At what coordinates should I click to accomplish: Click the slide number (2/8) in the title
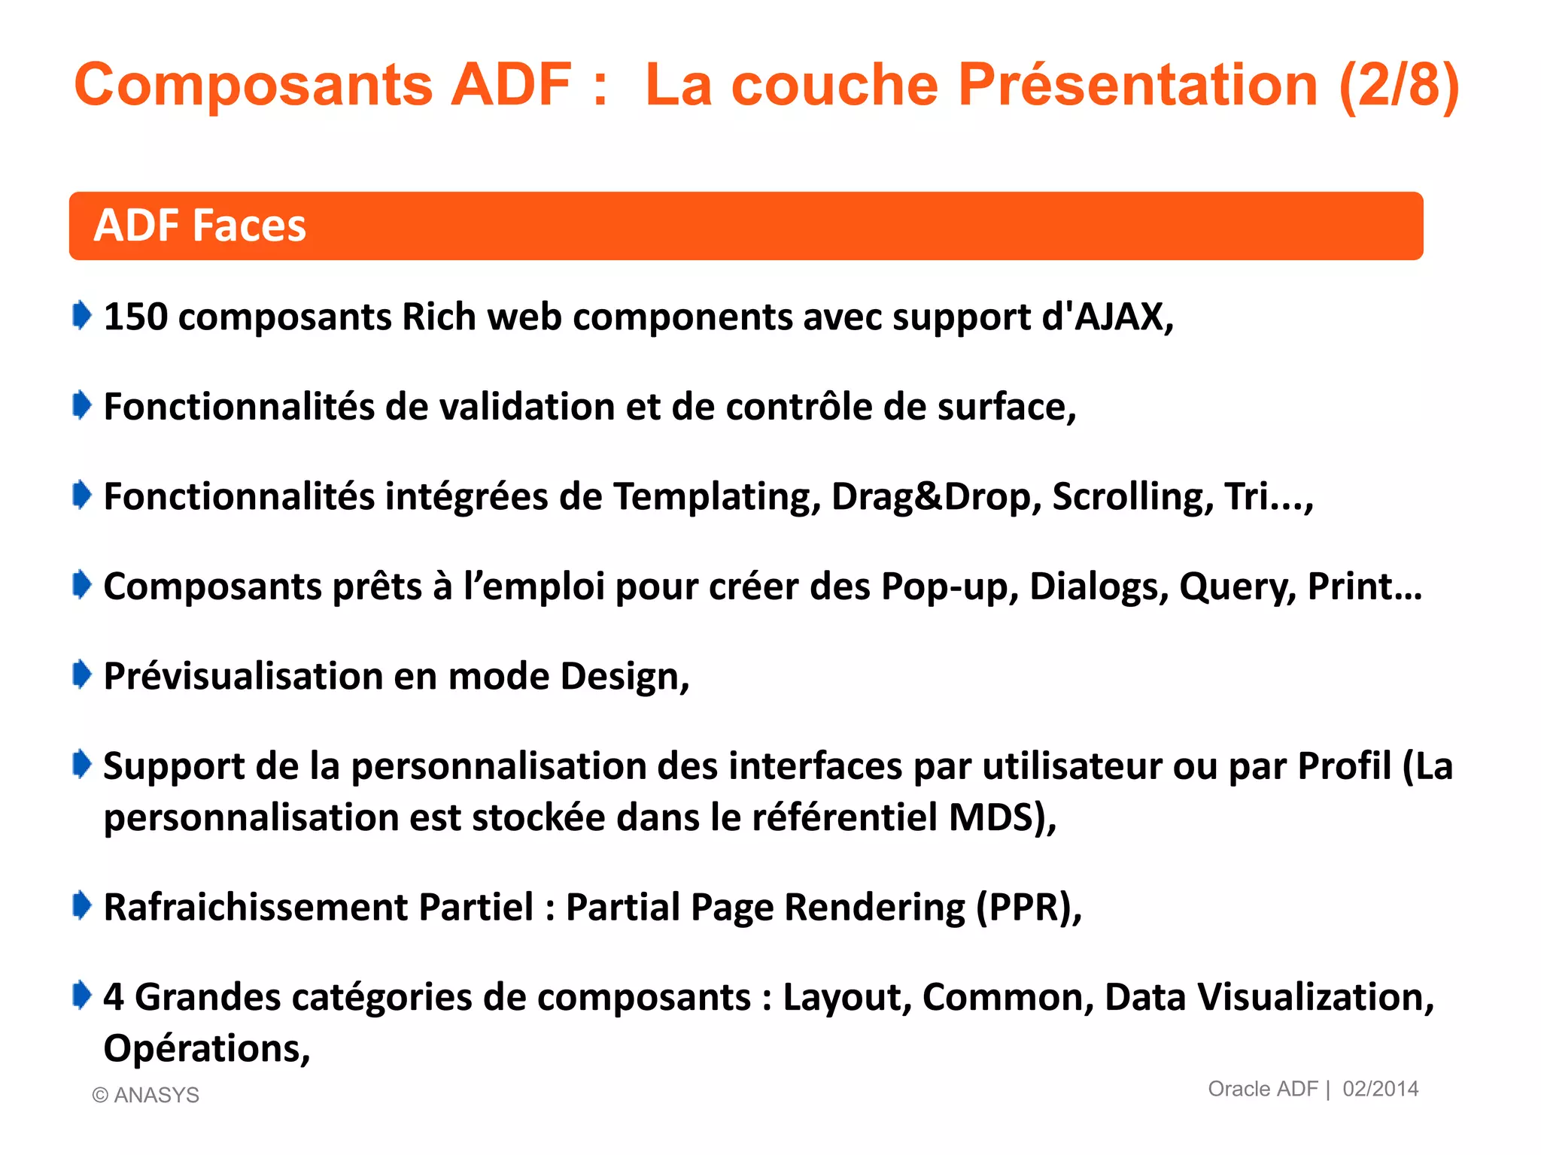tap(1399, 84)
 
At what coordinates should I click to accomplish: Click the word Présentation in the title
tap(1138, 84)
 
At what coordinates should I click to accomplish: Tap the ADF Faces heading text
tap(199, 226)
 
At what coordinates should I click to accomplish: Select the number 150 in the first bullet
tap(135, 317)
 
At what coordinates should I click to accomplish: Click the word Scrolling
tap(1132, 496)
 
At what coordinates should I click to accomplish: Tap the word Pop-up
tap(949, 587)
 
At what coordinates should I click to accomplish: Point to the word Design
tap(624, 676)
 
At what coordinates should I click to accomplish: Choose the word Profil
tap(1345, 766)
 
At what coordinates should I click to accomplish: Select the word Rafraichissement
tap(256, 907)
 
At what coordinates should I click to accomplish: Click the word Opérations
tap(206, 1048)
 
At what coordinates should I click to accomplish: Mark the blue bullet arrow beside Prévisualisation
tap(82, 675)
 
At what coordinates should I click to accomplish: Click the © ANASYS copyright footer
tap(146, 1095)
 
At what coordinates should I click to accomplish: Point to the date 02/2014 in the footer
tap(1380, 1089)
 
